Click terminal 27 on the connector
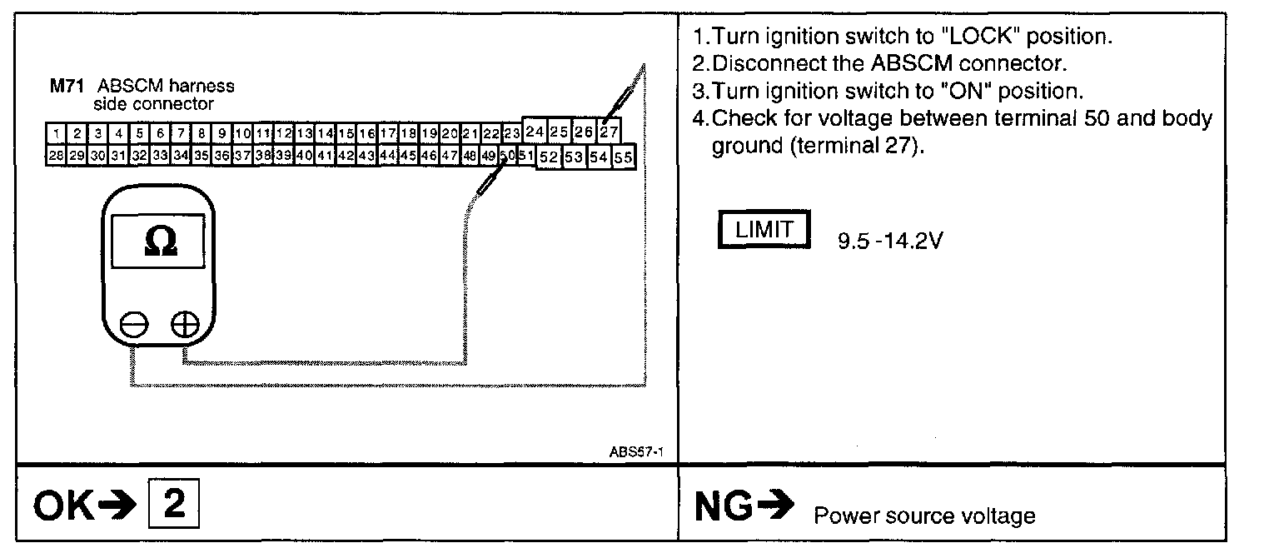609,132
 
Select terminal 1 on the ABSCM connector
56,133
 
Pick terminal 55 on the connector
623,157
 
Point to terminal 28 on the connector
56,155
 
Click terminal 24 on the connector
535,132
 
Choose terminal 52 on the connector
548,157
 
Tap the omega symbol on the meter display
160,241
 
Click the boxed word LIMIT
764,231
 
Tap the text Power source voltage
924,516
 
